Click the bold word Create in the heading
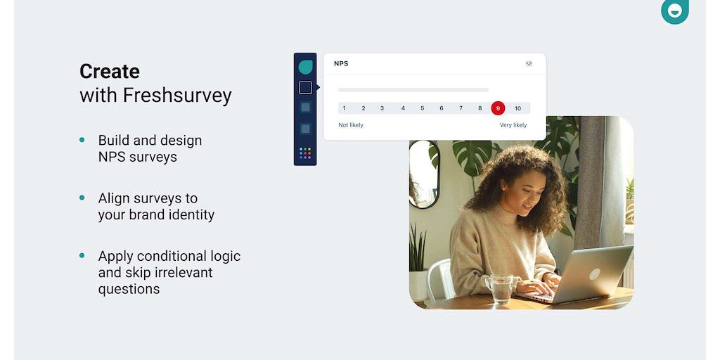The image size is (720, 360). tap(109, 72)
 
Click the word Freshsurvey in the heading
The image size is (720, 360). tap(177, 96)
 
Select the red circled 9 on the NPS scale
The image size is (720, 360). tap(498, 108)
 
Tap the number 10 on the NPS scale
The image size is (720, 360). tap(517, 108)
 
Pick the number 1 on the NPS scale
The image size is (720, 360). tap(345, 108)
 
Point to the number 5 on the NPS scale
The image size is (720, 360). tap(423, 108)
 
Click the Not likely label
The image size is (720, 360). tap(351, 125)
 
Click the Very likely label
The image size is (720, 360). tap(513, 125)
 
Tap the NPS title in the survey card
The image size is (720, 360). tap(341, 64)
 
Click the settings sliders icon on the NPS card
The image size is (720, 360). tap(529, 64)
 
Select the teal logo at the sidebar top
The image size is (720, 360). tap(305, 67)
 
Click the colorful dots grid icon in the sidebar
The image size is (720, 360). tap(305, 153)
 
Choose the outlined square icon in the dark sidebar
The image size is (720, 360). tap(305, 88)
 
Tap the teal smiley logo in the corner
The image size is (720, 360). tap(674, 11)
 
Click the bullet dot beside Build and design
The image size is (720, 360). tap(82, 140)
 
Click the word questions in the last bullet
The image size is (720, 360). tap(129, 289)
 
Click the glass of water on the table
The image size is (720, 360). tap(500, 288)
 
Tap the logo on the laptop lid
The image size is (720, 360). tap(595, 274)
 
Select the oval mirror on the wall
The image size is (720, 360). tap(423, 174)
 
